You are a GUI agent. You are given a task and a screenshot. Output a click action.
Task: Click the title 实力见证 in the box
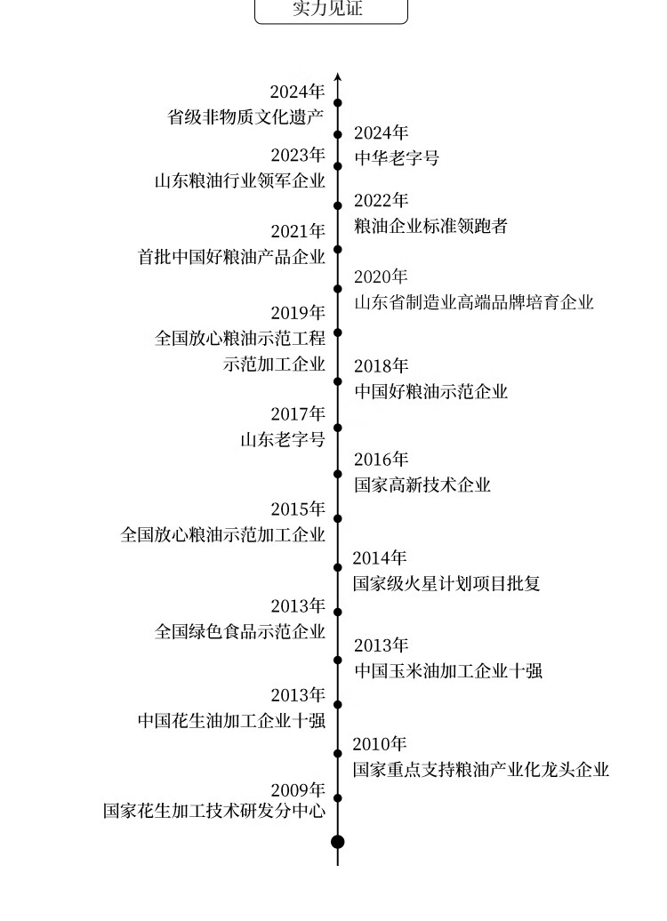(x=331, y=10)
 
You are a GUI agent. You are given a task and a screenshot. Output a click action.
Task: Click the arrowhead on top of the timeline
(x=338, y=77)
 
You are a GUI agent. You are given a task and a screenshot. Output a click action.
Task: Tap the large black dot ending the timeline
(x=337, y=841)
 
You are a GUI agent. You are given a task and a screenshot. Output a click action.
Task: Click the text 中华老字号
(x=397, y=158)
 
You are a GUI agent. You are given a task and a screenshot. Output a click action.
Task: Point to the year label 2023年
(x=298, y=155)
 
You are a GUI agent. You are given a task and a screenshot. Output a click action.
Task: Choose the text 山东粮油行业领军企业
(x=240, y=180)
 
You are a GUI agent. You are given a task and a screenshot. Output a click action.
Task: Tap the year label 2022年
(x=382, y=201)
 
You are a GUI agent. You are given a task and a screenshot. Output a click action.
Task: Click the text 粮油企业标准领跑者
(x=430, y=226)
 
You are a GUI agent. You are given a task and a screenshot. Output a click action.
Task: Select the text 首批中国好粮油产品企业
(x=231, y=256)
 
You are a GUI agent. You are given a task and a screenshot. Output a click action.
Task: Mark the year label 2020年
(x=381, y=276)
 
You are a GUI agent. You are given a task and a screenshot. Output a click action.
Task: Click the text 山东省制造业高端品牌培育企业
(x=473, y=302)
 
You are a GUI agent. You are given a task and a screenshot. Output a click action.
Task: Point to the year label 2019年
(x=298, y=313)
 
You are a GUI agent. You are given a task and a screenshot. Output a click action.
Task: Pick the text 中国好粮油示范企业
(x=430, y=391)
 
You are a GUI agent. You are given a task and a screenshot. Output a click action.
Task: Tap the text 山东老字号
(x=282, y=439)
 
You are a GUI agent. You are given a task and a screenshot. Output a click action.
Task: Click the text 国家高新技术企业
(x=422, y=485)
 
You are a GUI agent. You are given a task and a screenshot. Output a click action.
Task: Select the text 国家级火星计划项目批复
(x=446, y=583)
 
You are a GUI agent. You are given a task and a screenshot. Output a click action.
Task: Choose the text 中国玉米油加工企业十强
(x=448, y=670)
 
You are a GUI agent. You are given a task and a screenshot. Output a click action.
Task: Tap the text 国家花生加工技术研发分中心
(x=214, y=811)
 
